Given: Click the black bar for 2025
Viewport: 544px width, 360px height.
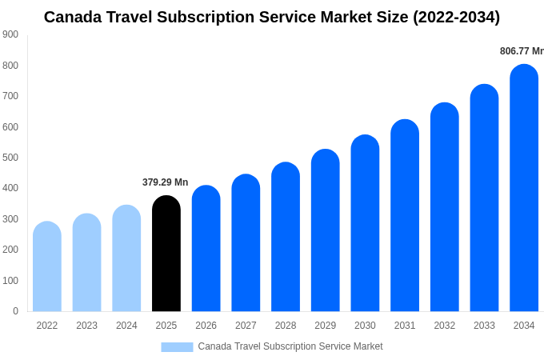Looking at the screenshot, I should pos(166,254).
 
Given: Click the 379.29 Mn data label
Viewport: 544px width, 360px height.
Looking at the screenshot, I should pos(165,182).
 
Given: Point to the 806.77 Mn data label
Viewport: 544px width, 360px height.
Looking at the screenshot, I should pos(521,51).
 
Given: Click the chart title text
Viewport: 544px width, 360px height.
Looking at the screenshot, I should pos(272,17).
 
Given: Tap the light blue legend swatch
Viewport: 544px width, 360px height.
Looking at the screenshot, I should pos(177,346).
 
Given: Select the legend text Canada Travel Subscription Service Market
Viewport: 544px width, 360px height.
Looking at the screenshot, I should pos(290,346).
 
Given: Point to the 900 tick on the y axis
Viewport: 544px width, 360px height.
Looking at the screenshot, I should pos(10,34).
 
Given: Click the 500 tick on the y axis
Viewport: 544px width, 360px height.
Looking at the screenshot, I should pos(10,158).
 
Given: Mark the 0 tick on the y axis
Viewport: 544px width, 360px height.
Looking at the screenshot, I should pos(15,311).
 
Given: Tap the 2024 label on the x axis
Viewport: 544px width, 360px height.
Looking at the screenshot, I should pos(126,326).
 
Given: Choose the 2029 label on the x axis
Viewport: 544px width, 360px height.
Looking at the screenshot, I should pos(325,326).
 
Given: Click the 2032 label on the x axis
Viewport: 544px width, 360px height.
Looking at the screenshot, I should pos(444,326).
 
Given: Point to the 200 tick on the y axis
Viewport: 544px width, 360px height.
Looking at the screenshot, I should pos(10,250).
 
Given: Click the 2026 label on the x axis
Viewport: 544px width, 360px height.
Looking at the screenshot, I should pos(206,326).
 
